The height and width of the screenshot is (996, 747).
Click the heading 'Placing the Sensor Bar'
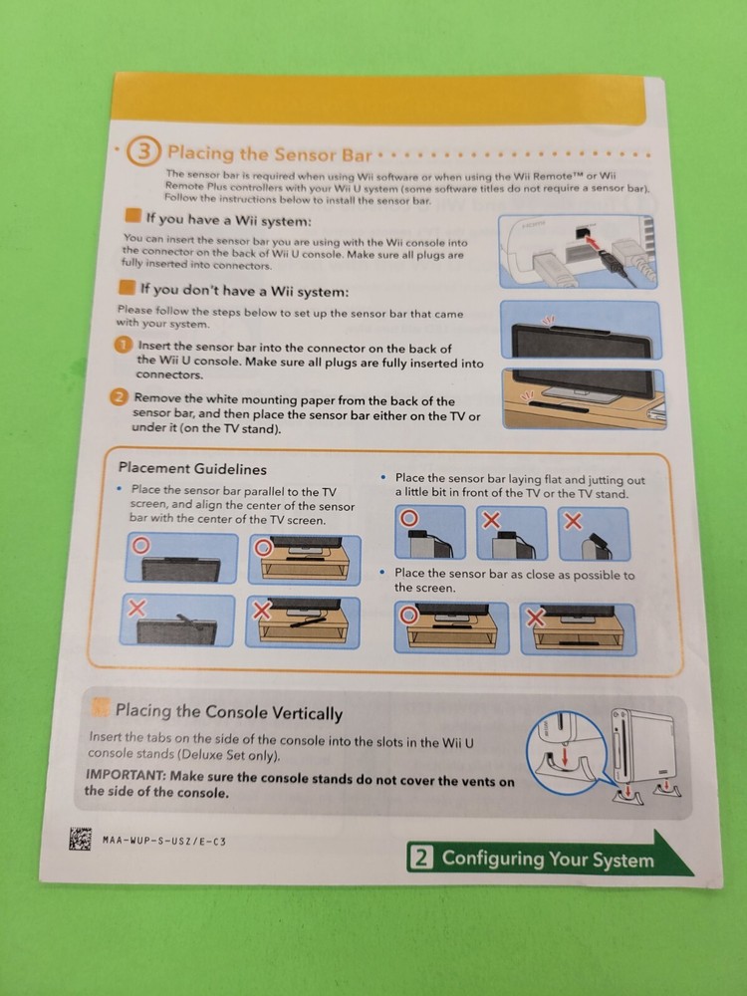point(269,153)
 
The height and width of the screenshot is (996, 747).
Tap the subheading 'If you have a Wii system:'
point(228,219)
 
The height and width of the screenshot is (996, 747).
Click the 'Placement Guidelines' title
point(192,468)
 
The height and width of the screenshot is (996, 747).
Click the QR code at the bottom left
point(81,839)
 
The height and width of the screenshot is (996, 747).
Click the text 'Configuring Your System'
point(548,859)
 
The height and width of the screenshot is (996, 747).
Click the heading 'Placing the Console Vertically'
point(228,712)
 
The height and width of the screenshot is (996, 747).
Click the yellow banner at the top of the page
point(378,100)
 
